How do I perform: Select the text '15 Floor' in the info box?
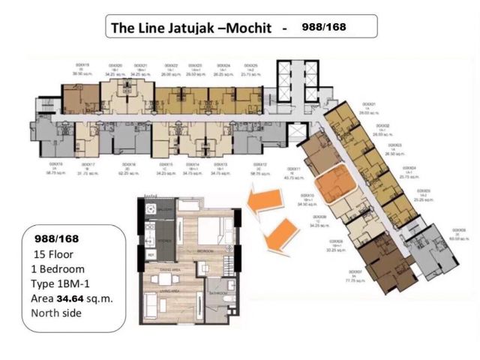(55, 253)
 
